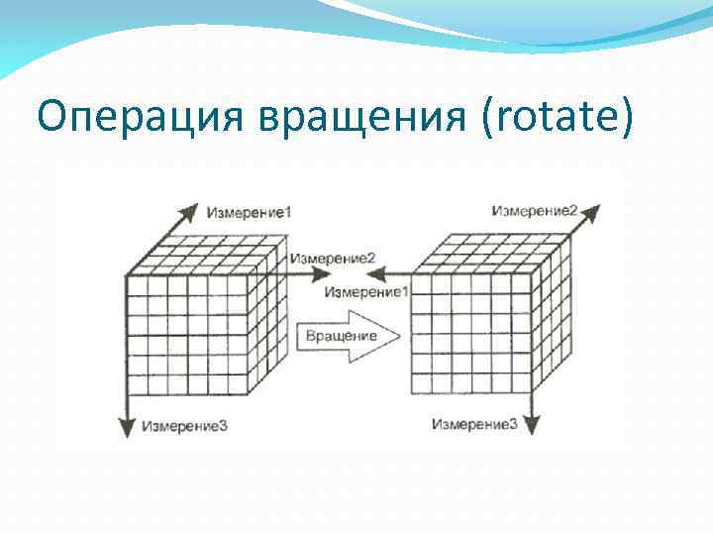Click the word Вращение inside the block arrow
click(341, 336)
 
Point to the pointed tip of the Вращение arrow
click(398, 336)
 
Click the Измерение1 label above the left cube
click(250, 211)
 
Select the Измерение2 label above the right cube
click(535, 210)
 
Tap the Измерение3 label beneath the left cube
click(184, 426)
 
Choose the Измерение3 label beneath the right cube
click(474, 424)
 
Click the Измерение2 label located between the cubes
click(333, 259)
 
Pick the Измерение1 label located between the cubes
click(365, 292)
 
